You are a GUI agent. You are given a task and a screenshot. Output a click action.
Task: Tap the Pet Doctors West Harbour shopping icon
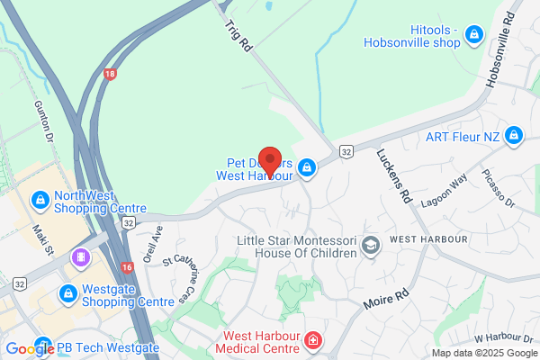click(307, 168)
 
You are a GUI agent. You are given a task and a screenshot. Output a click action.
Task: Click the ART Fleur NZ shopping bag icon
click(514, 136)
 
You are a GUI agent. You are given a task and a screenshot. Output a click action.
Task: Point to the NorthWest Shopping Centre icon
click(40, 198)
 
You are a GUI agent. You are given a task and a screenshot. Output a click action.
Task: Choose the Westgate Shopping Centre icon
click(68, 293)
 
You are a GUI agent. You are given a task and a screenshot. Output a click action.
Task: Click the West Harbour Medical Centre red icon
click(313, 340)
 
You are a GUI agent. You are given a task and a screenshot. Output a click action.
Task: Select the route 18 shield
click(110, 74)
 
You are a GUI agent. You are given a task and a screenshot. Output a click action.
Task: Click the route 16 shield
click(126, 266)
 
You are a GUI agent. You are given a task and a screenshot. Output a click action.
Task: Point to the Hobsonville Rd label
click(500, 50)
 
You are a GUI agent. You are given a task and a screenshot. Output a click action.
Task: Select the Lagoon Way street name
click(445, 192)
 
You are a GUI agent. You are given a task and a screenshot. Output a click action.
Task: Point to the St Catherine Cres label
click(179, 280)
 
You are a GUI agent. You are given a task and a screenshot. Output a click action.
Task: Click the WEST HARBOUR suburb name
click(428, 240)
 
